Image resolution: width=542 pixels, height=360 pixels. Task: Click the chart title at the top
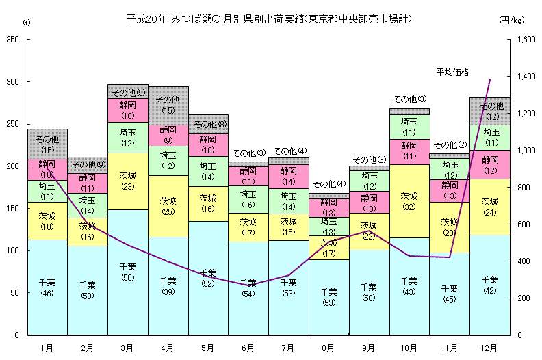pos(270,18)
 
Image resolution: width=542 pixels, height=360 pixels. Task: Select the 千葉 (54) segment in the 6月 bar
pos(248,288)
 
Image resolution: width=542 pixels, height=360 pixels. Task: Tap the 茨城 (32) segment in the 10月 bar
pos(409,201)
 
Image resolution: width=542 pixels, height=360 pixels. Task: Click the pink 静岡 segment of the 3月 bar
pos(127,110)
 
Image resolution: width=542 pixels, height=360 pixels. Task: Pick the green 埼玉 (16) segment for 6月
pos(248,200)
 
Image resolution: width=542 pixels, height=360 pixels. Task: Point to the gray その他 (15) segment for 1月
pos(47,144)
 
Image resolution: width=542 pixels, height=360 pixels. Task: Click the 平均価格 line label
pos(452,71)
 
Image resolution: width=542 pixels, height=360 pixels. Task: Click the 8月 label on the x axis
pos(328,348)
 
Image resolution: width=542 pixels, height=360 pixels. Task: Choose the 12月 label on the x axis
pos(490,348)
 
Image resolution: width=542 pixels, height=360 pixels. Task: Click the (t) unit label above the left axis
pos(27,23)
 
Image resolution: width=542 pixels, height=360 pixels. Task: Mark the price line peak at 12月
pos(490,80)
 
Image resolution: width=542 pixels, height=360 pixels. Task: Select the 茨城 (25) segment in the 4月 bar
pos(168,206)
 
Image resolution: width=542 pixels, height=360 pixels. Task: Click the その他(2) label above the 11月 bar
pos(449,145)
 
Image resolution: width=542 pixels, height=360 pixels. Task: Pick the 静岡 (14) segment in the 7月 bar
pos(289,176)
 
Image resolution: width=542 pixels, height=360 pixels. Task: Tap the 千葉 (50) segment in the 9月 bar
pos(369,292)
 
